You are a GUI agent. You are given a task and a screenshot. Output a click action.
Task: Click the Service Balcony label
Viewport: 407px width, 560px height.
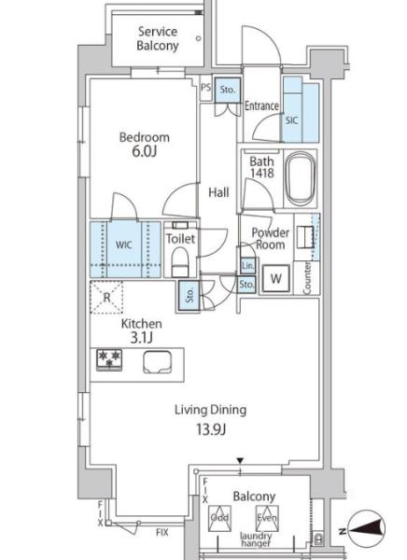(158, 38)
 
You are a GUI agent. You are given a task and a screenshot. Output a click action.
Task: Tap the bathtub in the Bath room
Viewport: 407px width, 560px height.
(302, 178)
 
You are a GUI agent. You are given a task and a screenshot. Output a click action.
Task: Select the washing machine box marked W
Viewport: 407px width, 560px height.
(276, 278)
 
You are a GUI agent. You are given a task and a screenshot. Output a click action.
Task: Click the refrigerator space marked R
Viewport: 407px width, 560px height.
(106, 297)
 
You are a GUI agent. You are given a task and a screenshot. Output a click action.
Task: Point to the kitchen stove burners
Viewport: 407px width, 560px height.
(109, 359)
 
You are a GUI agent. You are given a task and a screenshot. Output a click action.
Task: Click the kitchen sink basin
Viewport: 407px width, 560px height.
(157, 362)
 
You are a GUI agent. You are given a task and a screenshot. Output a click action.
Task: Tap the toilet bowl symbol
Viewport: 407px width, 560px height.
(180, 261)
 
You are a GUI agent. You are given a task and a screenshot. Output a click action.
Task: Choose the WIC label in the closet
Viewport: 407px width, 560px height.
(123, 245)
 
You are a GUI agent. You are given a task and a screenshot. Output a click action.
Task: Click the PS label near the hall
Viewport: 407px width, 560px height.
(205, 88)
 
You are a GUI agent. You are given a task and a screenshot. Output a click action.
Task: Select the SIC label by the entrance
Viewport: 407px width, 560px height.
(291, 120)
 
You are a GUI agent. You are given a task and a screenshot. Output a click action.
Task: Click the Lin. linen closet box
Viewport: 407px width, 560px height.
(247, 265)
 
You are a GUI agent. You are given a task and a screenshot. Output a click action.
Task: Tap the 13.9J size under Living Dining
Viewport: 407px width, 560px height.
(210, 429)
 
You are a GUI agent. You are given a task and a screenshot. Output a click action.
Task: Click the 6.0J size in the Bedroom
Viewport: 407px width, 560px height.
(145, 151)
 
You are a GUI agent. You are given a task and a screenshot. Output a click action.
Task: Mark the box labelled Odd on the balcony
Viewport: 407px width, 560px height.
(219, 518)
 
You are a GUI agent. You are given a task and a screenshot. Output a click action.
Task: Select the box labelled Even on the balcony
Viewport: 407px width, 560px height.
(267, 518)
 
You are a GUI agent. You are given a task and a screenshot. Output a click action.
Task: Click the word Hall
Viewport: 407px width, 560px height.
(218, 193)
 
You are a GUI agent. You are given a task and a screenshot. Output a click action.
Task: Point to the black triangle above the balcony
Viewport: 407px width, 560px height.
(240, 460)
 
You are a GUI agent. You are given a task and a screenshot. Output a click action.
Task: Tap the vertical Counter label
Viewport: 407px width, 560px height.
(307, 278)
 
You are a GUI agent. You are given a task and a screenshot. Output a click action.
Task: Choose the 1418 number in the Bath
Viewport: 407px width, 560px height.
(262, 174)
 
